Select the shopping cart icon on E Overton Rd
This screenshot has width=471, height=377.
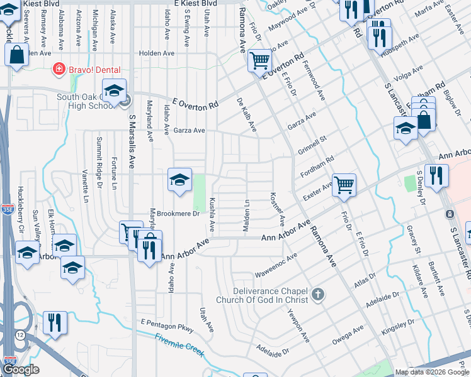point(259,61)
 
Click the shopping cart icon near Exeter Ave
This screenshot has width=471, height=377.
point(344,185)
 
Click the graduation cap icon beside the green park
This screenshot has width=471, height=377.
point(179,180)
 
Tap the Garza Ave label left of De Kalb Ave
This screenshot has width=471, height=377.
point(190,131)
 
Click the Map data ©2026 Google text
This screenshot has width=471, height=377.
point(431,372)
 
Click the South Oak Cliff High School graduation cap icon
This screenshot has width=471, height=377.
point(115,92)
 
